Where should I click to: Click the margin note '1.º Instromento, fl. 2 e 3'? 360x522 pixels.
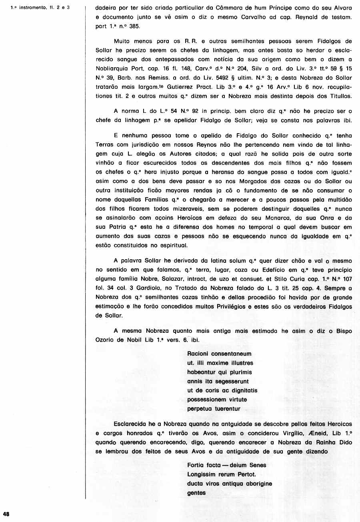(x=40, y=7)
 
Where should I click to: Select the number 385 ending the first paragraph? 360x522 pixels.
(x=135, y=26)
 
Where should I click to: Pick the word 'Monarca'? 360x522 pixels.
(x=278, y=218)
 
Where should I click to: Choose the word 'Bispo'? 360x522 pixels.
(x=344, y=331)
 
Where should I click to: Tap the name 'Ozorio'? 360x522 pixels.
(x=107, y=340)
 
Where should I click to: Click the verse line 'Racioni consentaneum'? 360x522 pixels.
(x=219, y=354)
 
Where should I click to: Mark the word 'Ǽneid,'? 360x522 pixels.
(x=311, y=433)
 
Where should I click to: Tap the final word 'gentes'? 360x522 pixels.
(x=196, y=493)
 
